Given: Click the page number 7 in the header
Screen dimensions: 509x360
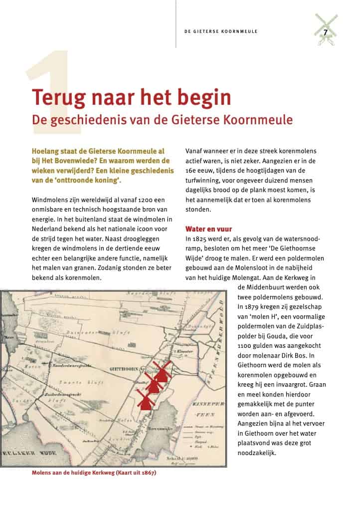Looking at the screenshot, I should coord(325,32).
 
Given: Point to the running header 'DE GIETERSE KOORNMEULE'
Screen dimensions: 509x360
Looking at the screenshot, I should coord(220,31).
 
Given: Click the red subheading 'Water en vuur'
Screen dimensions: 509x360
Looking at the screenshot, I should coord(208,229).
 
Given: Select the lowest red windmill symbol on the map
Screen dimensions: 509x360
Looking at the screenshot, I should coord(145,399).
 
